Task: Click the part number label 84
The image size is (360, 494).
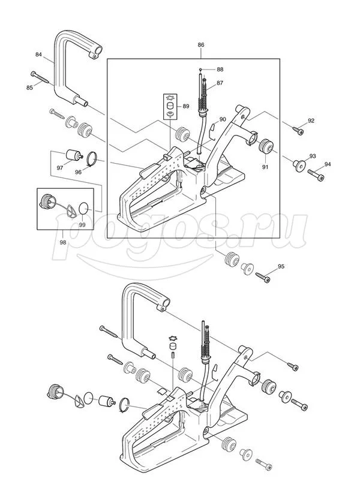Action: (x=39, y=55)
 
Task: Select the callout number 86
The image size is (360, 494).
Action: (x=201, y=45)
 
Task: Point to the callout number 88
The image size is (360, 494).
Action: (x=220, y=70)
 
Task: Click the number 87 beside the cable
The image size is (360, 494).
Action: (x=220, y=83)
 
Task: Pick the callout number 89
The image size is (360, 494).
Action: (x=186, y=107)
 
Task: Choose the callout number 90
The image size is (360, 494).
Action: (x=223, y=120)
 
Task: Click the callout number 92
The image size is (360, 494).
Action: (x=311, y=121)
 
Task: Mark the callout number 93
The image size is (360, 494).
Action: (x=312, y=156)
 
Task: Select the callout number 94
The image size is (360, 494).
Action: (x=327, y=164)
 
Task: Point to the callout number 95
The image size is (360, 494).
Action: (x=281, y=266)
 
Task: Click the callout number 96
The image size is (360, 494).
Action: (x=78, y=172)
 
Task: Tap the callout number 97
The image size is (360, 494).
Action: (x=60, y=168)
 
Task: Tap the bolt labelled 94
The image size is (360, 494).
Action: (x=316, y=174)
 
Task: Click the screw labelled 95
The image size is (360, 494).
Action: (x=263, y=278)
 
